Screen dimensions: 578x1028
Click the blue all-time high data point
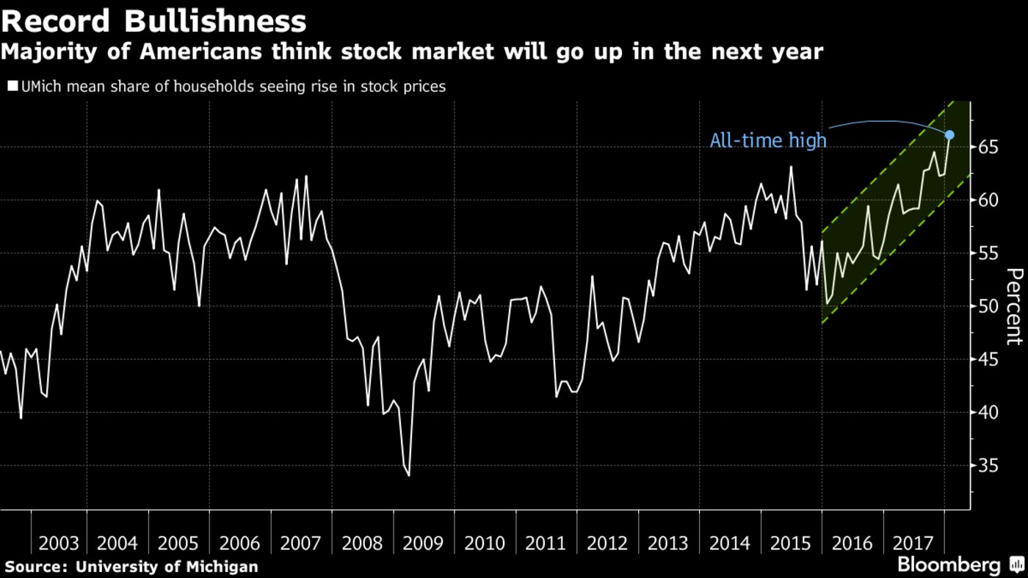pos(949,135)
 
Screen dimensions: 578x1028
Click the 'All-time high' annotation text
pos(767,140)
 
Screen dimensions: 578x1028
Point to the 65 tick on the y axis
pos(988,148)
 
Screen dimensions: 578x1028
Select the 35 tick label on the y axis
pos(988,466)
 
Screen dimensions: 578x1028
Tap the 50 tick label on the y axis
pos(988,307)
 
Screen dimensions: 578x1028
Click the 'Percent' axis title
pos(1013,306)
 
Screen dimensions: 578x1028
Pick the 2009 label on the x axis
pos(423,543)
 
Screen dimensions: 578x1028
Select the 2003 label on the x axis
pos(59,543)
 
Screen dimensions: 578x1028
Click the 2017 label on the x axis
pos(913,543)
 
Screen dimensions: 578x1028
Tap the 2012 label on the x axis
pos(607,543)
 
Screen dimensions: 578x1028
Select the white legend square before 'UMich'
pos(12,87)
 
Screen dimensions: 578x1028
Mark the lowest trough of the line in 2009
pos(408,476)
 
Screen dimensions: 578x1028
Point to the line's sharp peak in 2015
pos(791,167)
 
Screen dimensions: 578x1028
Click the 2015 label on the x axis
pos(791,543)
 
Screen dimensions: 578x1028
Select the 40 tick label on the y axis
pos(988,413)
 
